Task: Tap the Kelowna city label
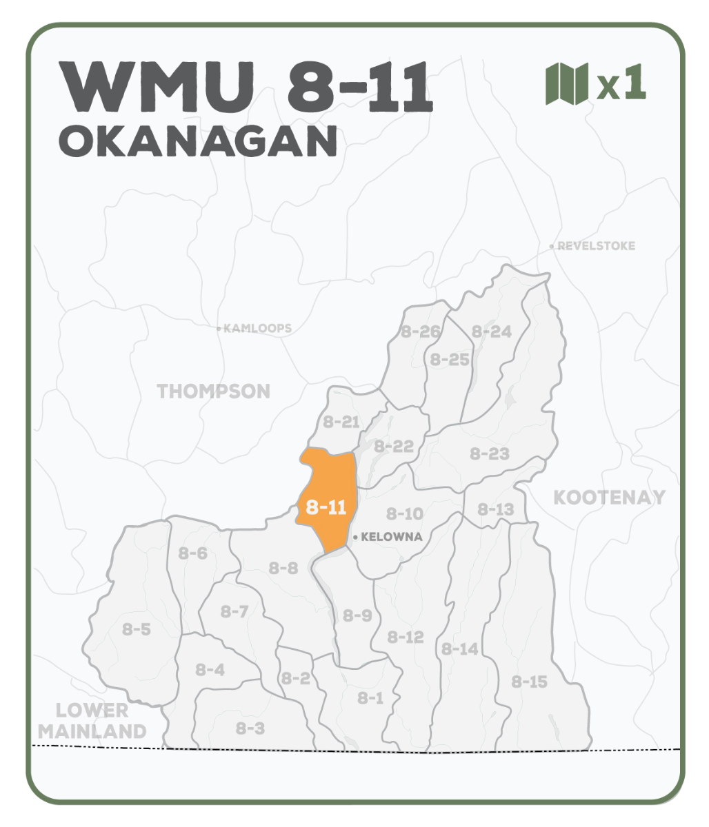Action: pyautogui.click(x=392, y=537)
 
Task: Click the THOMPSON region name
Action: pyautogui.click(x=214, y=391)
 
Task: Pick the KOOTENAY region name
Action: pyautogui.click(x=609, y=498)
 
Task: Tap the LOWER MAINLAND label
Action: pyautogui.click(x=92, y=721)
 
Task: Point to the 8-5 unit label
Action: pyautogui.click(x=137, y=629)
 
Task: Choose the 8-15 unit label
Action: pyautogui.click(x=530, y=682)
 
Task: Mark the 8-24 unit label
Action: pyautogui.click(x=492, y=332)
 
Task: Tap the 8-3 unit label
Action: pyautogui.click(x=250, y=728)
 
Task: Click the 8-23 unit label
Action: pyautogui.click(x=490, y=454)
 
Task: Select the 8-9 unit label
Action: pyautogui.click(x=357, y=615)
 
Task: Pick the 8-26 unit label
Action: pyautogui.click(x=420, y=332)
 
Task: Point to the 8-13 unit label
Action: pyautogui.click(x=496, y=510)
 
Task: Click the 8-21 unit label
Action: pyautogui.click(x=341, y=422)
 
